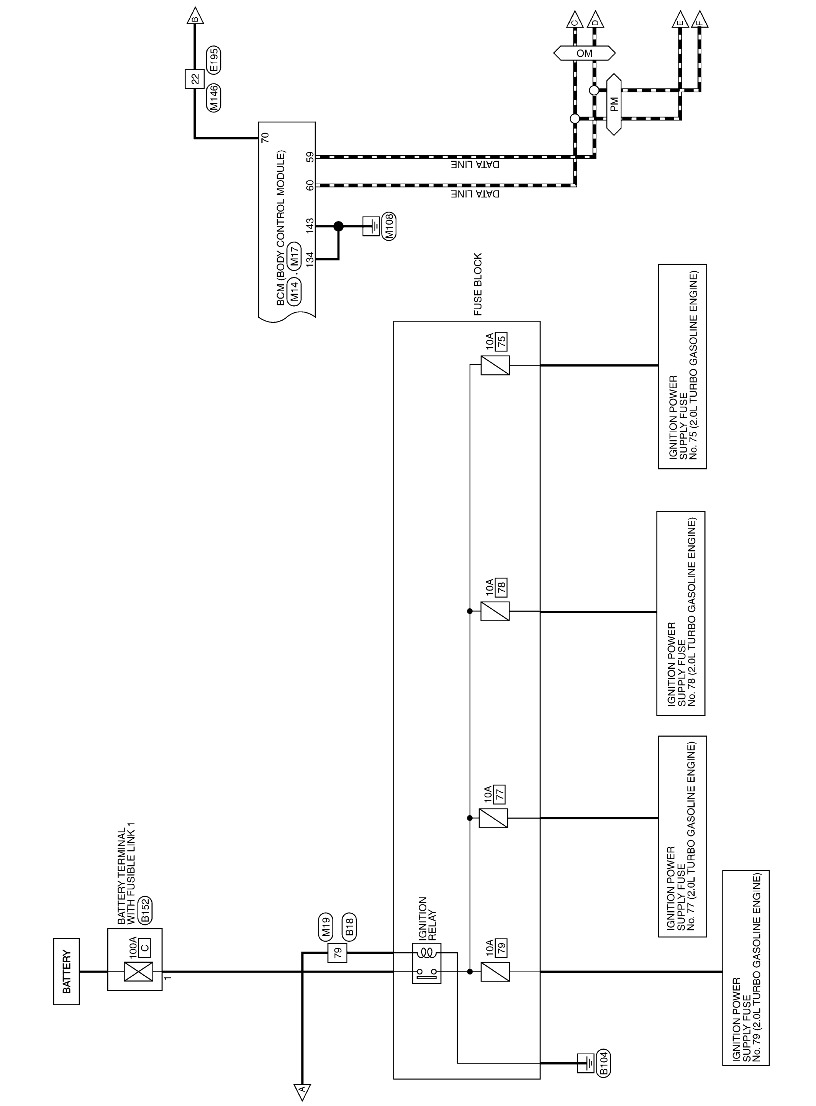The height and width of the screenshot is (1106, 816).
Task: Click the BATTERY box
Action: (66, 971)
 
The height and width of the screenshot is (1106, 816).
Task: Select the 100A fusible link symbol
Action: (138, 971)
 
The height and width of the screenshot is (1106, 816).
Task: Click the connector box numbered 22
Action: (195, 79)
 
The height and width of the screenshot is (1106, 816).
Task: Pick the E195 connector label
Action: (214, 60)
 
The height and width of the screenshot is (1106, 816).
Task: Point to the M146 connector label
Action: (214, 98)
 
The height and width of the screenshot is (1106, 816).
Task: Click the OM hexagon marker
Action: (584, 53)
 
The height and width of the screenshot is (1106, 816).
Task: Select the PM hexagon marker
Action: (614, 104)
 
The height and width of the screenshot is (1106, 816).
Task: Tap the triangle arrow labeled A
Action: (302, 1092)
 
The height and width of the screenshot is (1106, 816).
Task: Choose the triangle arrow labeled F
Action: (700, 20)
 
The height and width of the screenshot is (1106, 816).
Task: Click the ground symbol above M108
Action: (372, 226)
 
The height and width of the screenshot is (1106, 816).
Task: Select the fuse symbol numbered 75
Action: (495, 365)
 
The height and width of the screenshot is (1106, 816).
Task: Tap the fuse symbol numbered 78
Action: (495, 611)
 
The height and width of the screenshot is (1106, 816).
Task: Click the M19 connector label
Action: (326, 927)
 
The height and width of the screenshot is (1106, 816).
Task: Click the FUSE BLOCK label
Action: (478, 284)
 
